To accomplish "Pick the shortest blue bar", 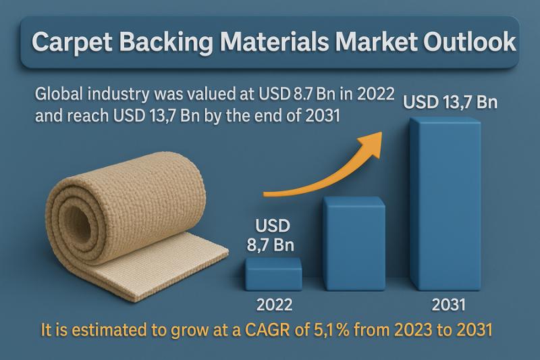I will pos(273,274).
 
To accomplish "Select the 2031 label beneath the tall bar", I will pos(449,304).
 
